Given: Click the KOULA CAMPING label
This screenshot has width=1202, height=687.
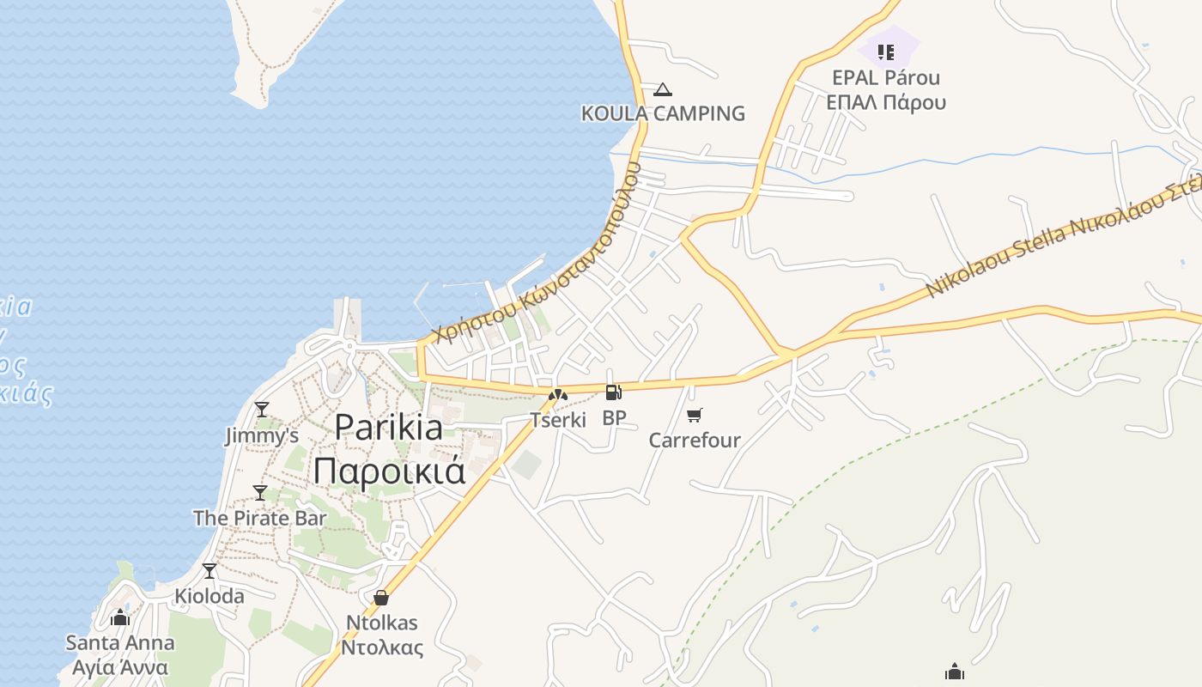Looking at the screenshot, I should [663, 113].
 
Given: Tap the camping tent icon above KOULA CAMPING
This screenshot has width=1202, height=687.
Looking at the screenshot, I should [662, 89].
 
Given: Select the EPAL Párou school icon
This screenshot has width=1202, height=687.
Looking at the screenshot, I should [886, 52].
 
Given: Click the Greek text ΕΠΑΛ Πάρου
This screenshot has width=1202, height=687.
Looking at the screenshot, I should [886, 102].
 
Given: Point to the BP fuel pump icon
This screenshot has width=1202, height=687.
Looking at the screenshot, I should [613, 392].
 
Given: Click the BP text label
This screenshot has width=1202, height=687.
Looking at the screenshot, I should [614, 418].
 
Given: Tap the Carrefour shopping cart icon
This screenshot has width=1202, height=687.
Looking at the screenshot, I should [695, 416].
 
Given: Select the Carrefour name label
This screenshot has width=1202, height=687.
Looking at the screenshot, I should [695, 441].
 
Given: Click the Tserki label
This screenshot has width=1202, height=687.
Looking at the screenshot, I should [558, 420].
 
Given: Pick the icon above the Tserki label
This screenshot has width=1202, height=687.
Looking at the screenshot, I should [558, 395].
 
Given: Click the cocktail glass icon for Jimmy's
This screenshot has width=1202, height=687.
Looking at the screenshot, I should [262, 410].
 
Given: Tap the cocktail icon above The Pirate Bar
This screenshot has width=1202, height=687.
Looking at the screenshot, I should [260, 492].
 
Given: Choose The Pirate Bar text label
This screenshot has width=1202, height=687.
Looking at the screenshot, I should [260, 518].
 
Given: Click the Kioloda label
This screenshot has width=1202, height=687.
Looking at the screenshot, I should [209, 596].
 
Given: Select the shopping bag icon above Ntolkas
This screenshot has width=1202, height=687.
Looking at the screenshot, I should [381, 598].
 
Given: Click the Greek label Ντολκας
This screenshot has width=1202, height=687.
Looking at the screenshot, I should [382, 647].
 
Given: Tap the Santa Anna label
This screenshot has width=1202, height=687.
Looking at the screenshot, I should [120, 642].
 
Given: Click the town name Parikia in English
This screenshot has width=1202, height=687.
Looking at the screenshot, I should [389, 427].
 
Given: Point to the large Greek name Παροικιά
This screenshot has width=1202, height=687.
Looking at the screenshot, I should [389, 471].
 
